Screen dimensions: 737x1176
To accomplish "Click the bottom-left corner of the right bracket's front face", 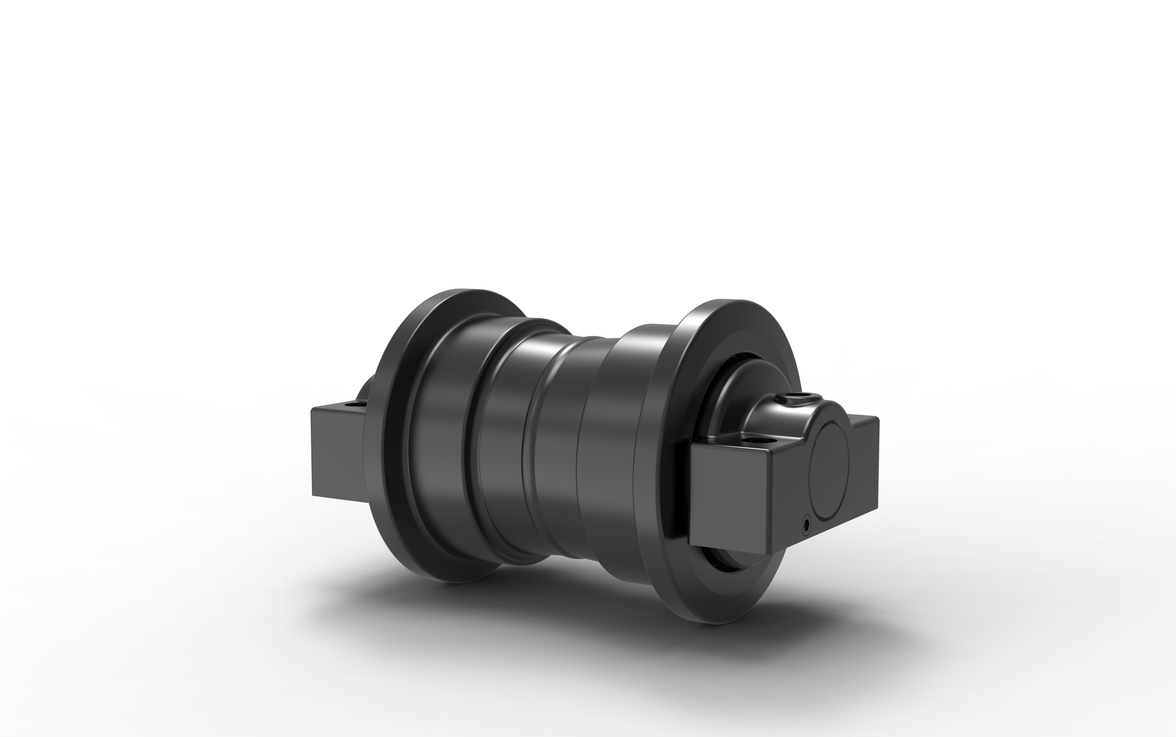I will click(690, 543).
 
